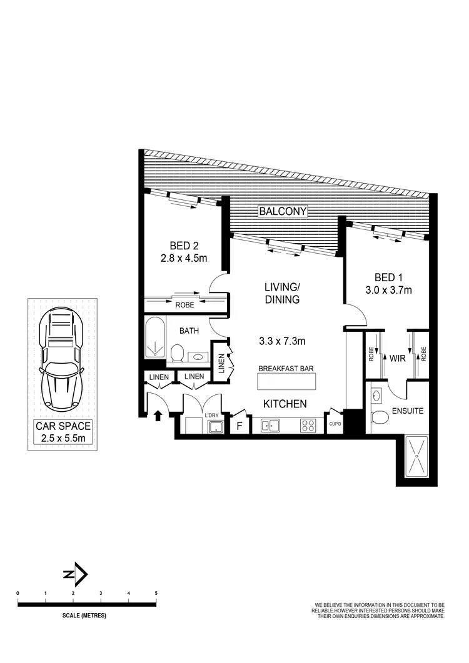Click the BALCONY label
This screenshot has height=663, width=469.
point(283,211)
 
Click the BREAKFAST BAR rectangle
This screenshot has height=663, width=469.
point(285,381)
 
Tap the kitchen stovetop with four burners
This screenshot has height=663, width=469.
point(308,426)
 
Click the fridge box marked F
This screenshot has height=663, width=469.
point(239,426)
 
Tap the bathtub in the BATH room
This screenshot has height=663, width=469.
point(154,339)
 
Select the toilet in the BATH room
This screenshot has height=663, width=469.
point(177,353)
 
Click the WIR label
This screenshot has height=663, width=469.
point(396,360)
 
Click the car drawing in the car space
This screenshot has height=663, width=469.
point(63,360)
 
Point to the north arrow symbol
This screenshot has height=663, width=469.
point(77,574)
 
